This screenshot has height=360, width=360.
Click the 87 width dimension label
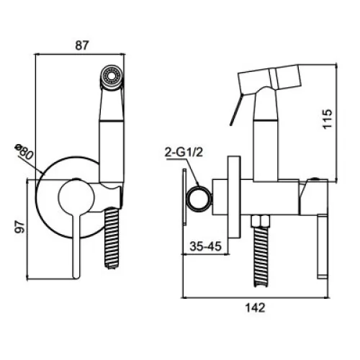(82, 45)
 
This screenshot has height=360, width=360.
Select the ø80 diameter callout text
(23, 151)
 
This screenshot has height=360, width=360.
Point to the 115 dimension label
(327, 120)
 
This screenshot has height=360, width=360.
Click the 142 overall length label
(255, 308)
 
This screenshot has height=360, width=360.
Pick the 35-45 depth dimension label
(205, 246)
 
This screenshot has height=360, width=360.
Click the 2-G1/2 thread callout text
(184, 152)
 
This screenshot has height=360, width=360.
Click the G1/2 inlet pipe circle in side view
(199, 199)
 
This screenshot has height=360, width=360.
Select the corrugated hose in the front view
(112, 238)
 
